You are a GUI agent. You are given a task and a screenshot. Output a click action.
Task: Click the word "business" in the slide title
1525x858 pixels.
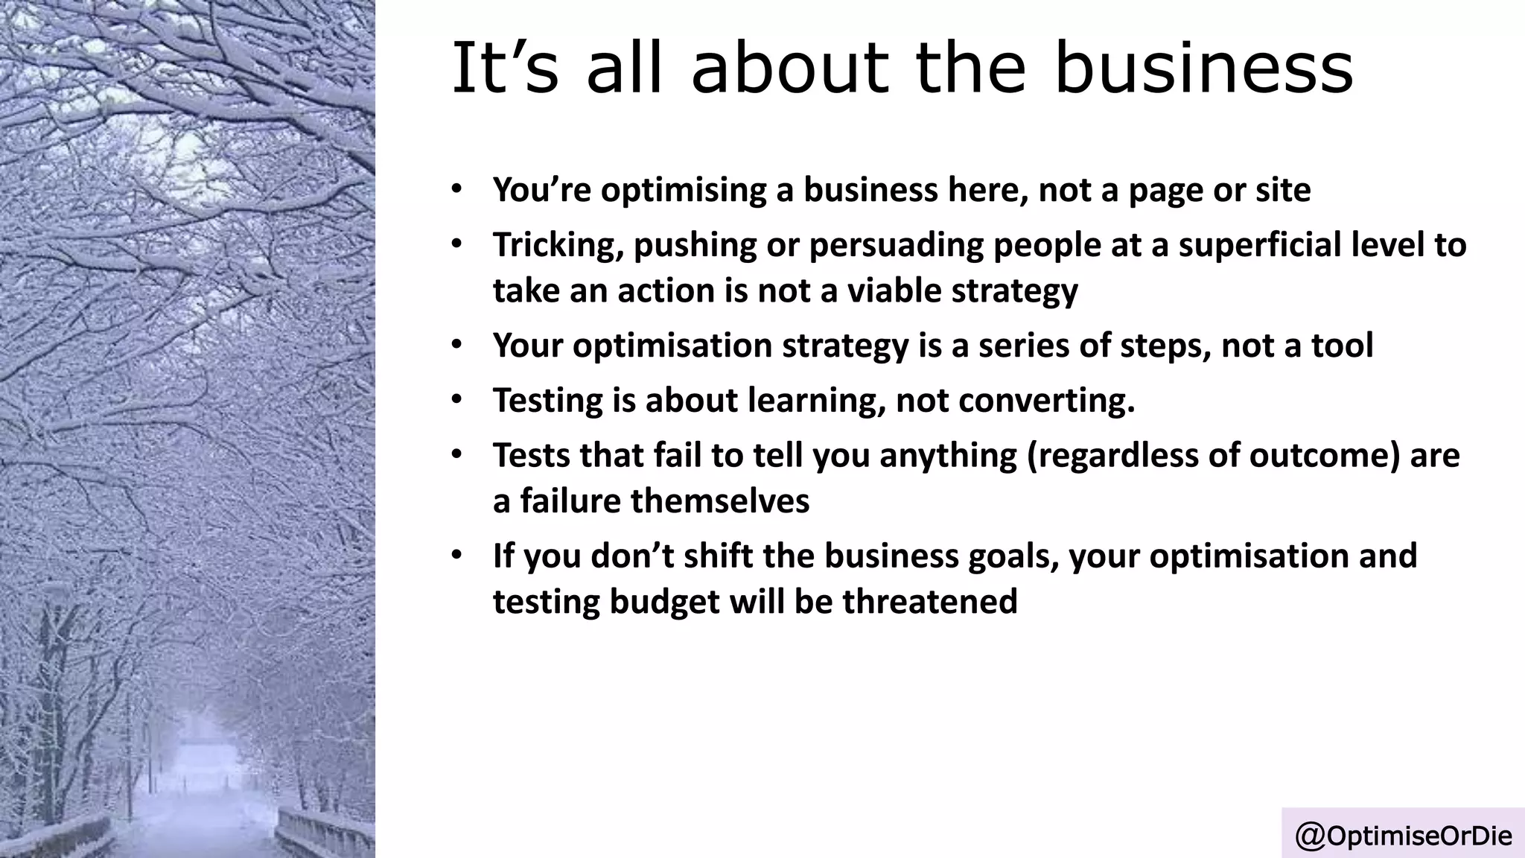[x=1203, y=68]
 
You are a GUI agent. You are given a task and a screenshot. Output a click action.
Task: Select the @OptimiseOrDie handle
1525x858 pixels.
[x=1404, y=836]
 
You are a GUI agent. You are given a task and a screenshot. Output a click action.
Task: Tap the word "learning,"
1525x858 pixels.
[x=816, y=401]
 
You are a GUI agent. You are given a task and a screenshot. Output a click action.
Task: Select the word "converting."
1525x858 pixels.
[x=1046, y=401]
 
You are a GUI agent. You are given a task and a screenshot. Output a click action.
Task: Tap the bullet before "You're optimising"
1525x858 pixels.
[x=456, y=189]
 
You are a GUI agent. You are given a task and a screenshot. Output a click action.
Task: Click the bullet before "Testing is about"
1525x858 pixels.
[x=456, y=400]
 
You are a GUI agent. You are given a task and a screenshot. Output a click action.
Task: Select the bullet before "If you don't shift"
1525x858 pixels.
[x=456, y=556]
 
